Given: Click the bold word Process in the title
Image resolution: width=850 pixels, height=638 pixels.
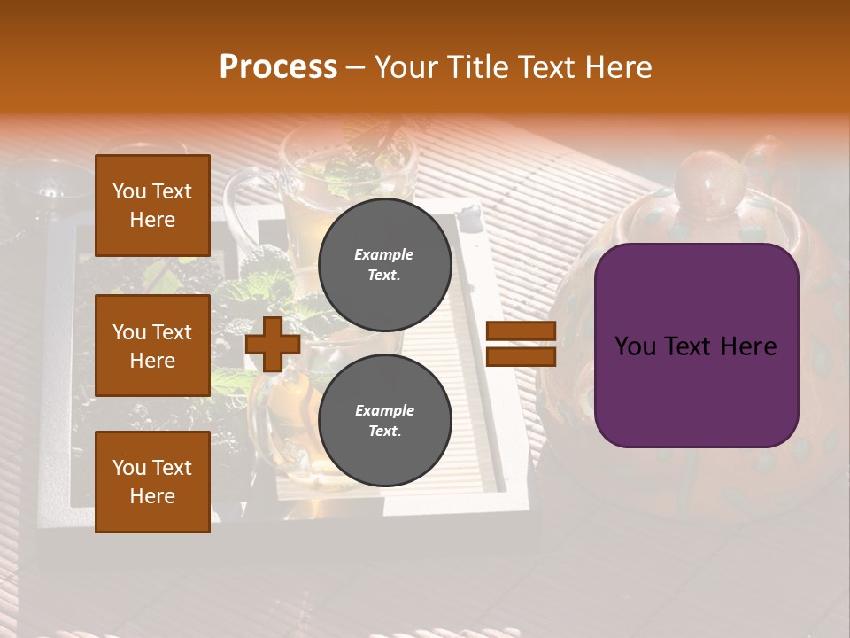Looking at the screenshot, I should [278, 67].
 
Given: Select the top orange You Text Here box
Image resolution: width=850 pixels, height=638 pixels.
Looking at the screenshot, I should [152, 206].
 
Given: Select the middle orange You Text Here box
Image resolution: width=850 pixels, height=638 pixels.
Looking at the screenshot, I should [152, 346].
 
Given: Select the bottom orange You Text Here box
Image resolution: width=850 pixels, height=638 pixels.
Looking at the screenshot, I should [152, 482].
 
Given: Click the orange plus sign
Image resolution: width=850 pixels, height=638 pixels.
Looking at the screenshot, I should [273, 344].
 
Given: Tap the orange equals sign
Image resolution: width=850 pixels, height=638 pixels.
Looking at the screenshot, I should [522, 344].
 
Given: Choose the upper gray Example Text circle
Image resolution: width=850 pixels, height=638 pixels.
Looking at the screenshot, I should [384, 264].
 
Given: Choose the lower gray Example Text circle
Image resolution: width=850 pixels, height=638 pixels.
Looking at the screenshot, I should [384, 420].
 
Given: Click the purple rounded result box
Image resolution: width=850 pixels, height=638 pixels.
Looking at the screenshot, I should [696, 346].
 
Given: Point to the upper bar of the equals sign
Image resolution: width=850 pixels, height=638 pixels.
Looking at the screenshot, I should [522, 331].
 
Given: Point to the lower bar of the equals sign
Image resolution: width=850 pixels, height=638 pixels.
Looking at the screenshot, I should [522, 357].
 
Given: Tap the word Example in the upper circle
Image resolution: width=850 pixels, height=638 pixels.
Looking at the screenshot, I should [384, 254].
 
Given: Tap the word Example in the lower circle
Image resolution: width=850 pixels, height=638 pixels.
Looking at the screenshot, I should [384, 410].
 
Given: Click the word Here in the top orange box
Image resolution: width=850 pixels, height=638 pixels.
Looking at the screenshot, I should [152, 220].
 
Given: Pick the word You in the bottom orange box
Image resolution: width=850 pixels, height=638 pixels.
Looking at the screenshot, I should [128, 468].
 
